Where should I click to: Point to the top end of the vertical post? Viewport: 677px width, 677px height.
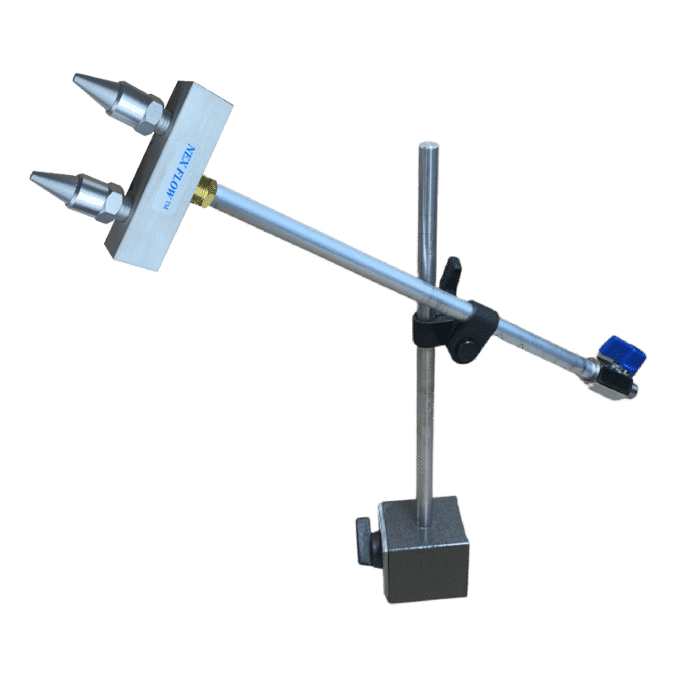click(x=428, y=146)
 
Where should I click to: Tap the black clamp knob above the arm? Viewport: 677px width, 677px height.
click(x=451, y=271)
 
